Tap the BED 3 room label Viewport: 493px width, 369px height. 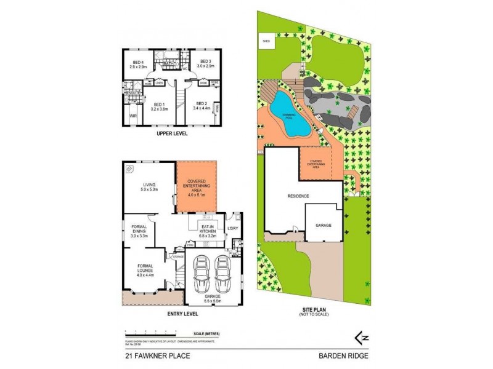[205, 63]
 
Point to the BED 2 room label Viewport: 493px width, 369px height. [202, 105]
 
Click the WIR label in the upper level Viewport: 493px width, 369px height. [132, 115]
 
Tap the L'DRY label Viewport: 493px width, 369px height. [232, 229]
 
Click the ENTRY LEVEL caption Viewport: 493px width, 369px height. [182, 314]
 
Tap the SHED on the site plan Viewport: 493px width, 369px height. [266, 42]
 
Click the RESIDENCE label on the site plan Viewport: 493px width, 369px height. [298, 196]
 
